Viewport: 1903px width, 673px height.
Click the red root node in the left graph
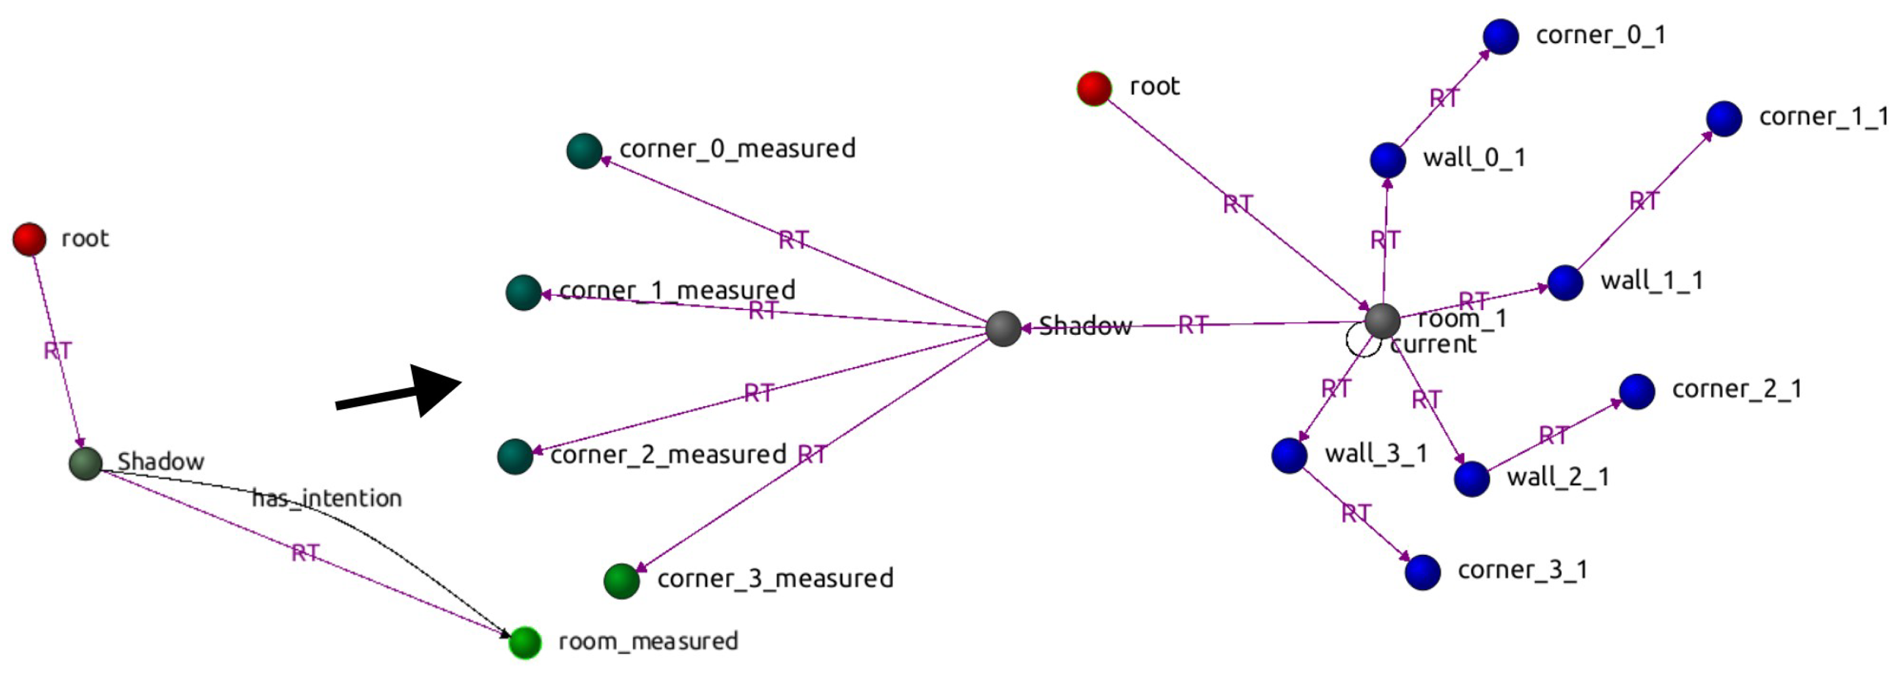coord(29,239)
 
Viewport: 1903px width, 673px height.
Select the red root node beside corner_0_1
coord(1094,89)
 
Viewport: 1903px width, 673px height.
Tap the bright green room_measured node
coord(524,642)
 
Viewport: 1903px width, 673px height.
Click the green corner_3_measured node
coord(621,581)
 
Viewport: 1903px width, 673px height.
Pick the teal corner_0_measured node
coord(584,151)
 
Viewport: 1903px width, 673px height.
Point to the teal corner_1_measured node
coord(524,293)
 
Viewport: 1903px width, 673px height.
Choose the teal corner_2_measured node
coord(515,456)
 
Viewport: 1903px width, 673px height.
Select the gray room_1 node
coord(1382,320)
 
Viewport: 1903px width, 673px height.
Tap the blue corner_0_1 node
coord(1500,36)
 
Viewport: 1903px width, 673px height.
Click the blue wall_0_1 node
coord(1387,160)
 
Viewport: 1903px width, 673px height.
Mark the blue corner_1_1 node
coord(1724,118)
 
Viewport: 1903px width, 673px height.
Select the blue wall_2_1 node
coord(1471,479)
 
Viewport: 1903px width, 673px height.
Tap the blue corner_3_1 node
coord(1422,572)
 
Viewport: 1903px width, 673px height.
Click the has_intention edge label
coord(327,498)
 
